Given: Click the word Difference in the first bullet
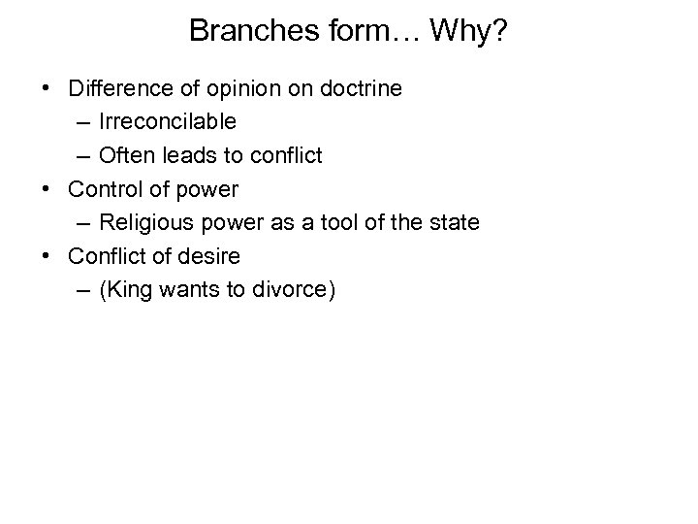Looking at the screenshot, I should [117, 90].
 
